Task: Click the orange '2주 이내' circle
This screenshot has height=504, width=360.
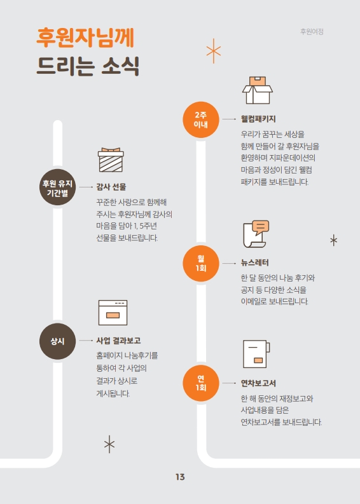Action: (201, 120)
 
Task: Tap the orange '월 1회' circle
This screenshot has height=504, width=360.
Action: (201, 264)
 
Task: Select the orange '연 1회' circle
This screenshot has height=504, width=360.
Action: (201, 383)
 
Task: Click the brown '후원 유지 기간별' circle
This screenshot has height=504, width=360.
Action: (58, 187)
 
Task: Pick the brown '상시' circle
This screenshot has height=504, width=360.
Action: (58, 341)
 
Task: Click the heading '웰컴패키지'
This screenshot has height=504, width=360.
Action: (258, 119)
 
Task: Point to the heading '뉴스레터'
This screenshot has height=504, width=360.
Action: (255, 262)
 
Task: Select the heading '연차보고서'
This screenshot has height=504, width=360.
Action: (258, 383)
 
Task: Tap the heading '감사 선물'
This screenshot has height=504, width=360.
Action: (111, 187)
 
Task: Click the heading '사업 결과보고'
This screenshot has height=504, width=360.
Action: (118, 341)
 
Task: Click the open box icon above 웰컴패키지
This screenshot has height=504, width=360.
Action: (258, 90)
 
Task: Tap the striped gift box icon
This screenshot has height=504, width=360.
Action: (111, 160)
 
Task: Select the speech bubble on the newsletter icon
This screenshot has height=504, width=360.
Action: (261, 228)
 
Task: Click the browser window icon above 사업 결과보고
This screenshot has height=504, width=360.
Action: (113, 313)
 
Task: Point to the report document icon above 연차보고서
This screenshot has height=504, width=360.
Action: (256, 354)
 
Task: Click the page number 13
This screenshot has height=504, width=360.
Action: (180, 477)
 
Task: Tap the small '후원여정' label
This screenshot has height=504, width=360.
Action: (312, 32)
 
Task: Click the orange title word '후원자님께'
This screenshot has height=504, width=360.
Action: (85, 38)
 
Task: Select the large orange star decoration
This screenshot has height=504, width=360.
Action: (214, 51)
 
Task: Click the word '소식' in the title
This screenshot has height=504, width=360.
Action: (120, 66)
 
